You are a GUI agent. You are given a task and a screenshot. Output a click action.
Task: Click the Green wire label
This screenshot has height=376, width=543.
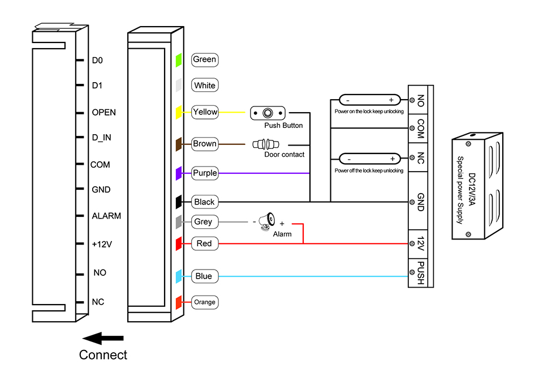click(x=205, y=59)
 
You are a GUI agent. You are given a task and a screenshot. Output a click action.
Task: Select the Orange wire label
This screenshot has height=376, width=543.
click(x=205, y=302)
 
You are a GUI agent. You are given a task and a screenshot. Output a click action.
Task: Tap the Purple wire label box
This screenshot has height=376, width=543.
click(x=205, y=173)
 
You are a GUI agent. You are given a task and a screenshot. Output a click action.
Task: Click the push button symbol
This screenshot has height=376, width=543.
click(x=268, y=113)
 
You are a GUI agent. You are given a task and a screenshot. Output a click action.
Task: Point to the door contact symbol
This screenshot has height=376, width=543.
click(x=266, y=144)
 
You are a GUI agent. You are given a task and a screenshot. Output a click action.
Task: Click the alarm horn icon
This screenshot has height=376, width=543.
click(x=268, y=221)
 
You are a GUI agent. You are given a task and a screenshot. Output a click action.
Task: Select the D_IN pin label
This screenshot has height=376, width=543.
click(x=101, y=138)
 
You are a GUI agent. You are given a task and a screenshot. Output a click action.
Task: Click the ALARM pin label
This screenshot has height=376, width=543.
click(x=106, y=216)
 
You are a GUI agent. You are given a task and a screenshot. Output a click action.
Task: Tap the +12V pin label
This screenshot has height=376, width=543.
click(x=102, y=244)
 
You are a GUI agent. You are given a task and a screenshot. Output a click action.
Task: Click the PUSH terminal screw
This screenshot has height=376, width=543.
click(x=412, y=272)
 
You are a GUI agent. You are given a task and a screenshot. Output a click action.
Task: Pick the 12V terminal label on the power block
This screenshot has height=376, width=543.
click(x=420, y=243)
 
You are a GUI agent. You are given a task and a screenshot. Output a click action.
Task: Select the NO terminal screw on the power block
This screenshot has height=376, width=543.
click(x=412, y=100)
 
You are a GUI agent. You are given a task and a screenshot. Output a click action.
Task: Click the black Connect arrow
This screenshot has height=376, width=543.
click(x=103, y=338)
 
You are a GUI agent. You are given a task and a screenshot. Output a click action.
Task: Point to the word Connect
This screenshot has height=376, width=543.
click(x=103, y=355)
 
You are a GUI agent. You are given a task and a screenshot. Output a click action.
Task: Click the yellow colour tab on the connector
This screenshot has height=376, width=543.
click(x=179, y=112)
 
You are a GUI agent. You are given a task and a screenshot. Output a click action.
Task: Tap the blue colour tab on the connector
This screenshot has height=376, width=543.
click(x=179, y=276)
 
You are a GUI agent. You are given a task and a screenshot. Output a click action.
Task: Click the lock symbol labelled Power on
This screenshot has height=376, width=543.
click(x=369, y=100)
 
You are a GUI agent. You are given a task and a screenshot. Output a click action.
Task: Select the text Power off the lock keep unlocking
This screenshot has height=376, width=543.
click(x=369, y=170)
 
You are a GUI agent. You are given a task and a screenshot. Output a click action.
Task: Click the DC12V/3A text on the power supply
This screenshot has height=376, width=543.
click(x=472, y=189)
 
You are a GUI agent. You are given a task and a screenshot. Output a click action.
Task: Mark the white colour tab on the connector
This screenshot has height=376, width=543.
click(x=179, y=86)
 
